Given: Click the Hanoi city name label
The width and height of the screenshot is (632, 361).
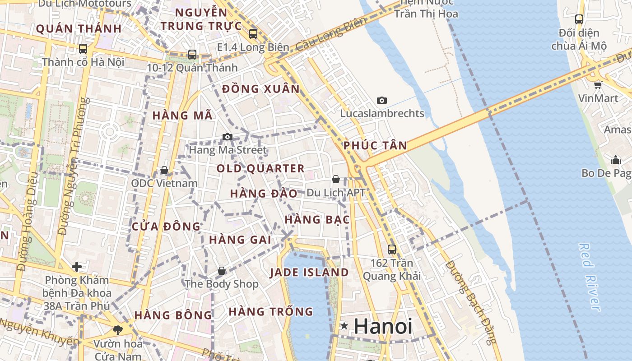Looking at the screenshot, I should [x=383, y=326].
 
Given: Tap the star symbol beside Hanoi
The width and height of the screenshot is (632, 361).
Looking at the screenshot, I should [x=344, y=326].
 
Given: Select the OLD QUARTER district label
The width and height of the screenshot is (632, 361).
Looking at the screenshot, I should [x=260, y=169].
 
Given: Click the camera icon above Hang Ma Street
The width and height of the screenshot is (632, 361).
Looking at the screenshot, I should [x=228, y=137].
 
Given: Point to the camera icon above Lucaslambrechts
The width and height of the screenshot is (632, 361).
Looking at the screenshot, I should [x=382, y=100].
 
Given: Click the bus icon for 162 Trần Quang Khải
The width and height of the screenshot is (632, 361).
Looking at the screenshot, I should [x=392, y=249].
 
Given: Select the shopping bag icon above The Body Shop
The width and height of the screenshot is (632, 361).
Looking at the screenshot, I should [x=221, y=271].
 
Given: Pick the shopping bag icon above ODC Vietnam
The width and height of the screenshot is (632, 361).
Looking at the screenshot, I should [x=164, y=170].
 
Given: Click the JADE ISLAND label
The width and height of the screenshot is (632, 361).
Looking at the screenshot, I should [x=309, y=273].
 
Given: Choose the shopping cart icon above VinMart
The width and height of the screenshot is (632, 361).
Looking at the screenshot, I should [x=598, y=85].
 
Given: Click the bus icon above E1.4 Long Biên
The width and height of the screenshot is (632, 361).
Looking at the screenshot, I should [x=253, y=33].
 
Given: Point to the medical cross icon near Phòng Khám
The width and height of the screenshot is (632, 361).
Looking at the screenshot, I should [x=77, y=267].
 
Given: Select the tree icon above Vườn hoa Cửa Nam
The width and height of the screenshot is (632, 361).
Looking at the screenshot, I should [x=118, y=330].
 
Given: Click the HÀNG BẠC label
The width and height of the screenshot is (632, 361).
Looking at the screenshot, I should [x=317, y=220].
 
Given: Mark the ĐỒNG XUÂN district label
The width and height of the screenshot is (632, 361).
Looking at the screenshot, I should [x=261, y=89].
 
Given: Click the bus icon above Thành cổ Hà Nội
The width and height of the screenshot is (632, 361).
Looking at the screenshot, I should [x=83, y=48].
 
